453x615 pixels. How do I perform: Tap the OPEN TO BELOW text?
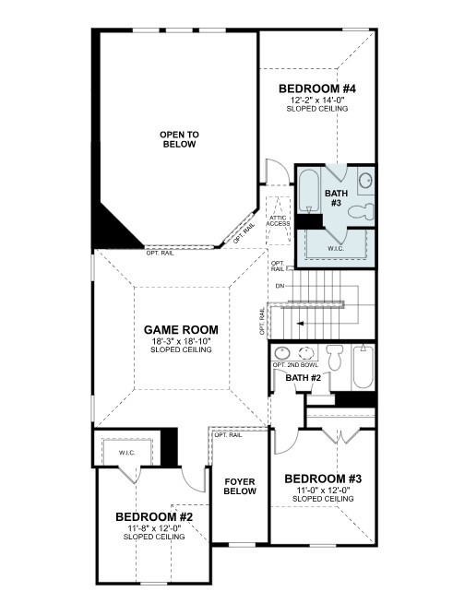pyautogui.click(x=179, y=139)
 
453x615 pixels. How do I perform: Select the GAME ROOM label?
pyautogui.click(x=180, y=329)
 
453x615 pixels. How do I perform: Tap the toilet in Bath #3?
pyautogui.click(x=366, y=209)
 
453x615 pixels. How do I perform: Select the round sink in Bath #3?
pyautogui.click(x=364, y=180)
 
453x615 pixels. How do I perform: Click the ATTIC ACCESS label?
pyautogui.click(x=278, y=221)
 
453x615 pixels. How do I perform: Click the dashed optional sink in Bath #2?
pyautogui.click(x=307, y=353)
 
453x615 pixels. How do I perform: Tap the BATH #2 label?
pyautogui.click(x=303, y=378)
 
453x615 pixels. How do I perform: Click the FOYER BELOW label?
pyautogui.click(x=239, y=487)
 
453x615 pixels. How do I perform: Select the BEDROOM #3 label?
pyautogui.click(x=322, y=479)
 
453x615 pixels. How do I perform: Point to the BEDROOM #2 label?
pyautogui.click(x=154, y=516)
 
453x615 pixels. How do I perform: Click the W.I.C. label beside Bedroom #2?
pyautogui.click(x=126, y=454)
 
